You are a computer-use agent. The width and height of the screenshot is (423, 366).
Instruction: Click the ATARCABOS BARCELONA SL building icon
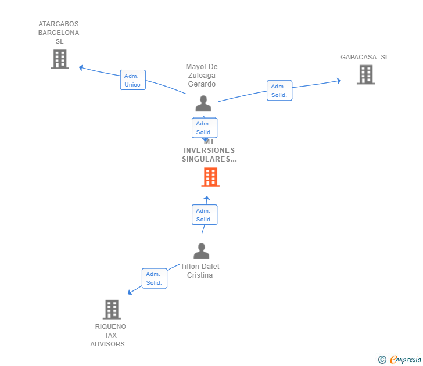(59, 59)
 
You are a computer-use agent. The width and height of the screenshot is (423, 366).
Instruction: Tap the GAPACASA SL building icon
(365, 74)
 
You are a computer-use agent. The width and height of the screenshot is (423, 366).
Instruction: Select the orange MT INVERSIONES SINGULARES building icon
(210, 177)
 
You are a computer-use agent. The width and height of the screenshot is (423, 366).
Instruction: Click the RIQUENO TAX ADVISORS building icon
(112, 309)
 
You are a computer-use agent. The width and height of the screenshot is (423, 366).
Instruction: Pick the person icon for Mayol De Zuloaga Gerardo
(203, 103)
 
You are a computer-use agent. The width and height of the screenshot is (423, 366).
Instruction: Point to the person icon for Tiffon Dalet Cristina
(201, 251)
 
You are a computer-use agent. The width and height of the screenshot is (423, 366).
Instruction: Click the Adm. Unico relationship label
(132, 80)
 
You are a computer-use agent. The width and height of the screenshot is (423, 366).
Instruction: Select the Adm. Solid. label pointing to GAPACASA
(279, 91)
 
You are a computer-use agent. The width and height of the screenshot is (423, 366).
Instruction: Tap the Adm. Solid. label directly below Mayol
(204, 128)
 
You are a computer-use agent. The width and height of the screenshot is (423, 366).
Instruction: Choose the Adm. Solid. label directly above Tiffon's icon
(204, 215)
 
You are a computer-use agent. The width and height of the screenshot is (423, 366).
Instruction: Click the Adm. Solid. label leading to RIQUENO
(154, 278)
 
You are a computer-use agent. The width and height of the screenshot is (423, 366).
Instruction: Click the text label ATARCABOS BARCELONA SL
(59, 33)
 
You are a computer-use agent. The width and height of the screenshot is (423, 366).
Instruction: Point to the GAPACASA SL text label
(365, 57)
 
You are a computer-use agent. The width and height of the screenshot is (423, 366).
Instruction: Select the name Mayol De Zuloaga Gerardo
(202, 76)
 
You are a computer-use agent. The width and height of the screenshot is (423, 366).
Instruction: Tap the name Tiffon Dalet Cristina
(200, 271)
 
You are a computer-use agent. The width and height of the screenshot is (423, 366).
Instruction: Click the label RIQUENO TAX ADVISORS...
(110, 335)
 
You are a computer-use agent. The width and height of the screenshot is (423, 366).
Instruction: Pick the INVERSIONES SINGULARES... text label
(209, 155)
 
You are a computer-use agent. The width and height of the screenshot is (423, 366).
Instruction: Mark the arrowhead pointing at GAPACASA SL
(339, 81)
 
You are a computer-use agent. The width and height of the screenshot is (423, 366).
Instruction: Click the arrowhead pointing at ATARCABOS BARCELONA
(81, 67)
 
